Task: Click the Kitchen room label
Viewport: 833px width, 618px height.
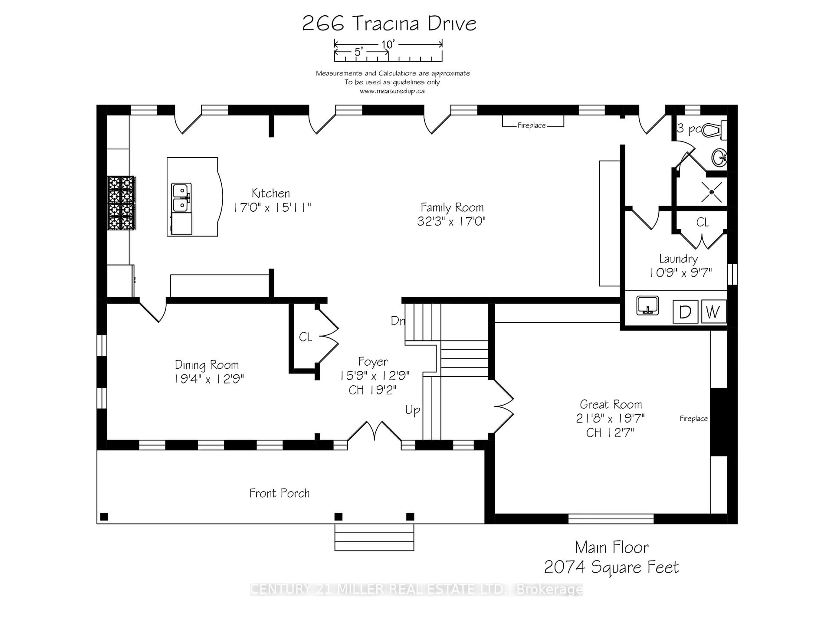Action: tap(271, 193)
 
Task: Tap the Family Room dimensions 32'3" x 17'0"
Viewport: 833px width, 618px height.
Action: tap(451, 221)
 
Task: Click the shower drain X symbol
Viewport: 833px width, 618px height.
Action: tap(711, 192)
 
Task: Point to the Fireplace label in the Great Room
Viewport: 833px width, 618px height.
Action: tap(694, 419)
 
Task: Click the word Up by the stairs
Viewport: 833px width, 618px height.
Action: tap(412, 410)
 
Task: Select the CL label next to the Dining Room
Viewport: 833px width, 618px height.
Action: tap(305, 337)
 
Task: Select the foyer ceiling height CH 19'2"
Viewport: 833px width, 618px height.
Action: tap(372, 390)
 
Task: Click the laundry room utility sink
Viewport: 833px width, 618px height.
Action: tap(647, 305)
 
